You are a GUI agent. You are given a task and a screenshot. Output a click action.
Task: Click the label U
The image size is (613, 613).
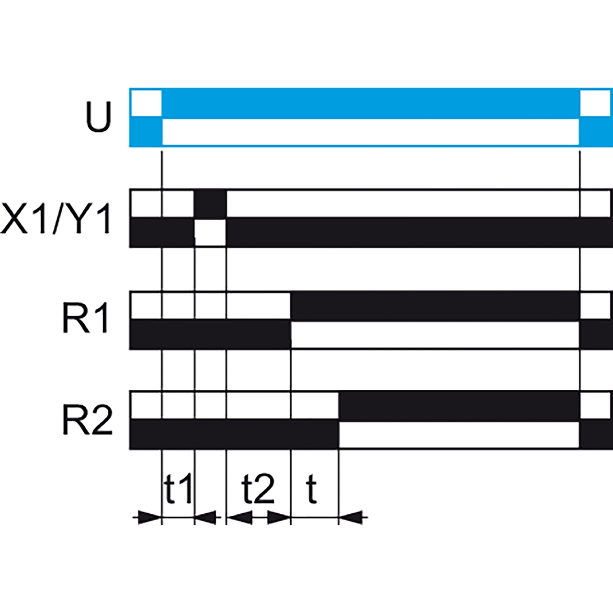tap(99, 116)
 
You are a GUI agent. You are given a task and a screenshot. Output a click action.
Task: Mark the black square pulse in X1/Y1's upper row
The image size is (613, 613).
tap(210, 203)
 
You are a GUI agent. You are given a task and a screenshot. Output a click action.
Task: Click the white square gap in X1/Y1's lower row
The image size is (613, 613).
tap(210, 233)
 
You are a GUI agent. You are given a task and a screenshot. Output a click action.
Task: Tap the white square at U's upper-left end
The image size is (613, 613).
tap(147, 103)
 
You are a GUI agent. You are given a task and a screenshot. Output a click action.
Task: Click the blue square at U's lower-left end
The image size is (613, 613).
tap(146, 132)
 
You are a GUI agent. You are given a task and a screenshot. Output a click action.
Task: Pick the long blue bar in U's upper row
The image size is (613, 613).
tap(371, 103)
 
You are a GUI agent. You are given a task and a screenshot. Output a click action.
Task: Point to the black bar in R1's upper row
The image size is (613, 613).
tap(434, 306)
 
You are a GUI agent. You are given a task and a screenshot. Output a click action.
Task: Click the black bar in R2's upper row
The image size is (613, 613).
tap(459, 406)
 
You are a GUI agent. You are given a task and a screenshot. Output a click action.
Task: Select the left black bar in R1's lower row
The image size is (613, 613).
tap(210, 334)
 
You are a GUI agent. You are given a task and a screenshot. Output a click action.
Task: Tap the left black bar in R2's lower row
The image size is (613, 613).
tap(235, 434)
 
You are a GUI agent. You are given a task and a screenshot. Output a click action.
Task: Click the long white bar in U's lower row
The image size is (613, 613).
tap(371, 132)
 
